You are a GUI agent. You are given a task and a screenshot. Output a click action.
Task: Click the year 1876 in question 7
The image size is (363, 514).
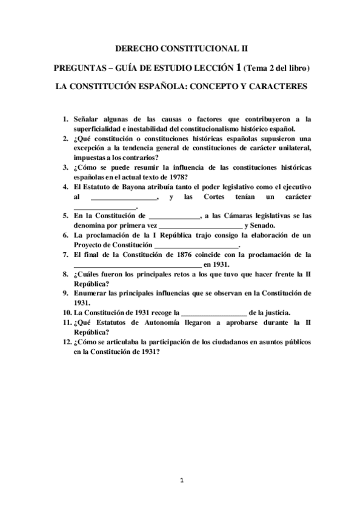click(x=183, y=255)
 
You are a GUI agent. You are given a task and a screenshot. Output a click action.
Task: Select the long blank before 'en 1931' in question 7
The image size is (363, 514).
click(x=137, y=265)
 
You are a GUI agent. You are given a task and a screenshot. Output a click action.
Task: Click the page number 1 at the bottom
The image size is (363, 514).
click(x=181, y=481)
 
